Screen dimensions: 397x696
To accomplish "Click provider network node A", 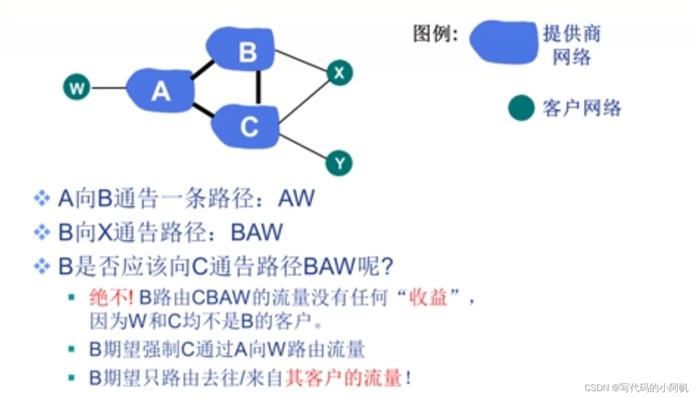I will point(161,91).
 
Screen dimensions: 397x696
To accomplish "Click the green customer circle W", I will point(77,88).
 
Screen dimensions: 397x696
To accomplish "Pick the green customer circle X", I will point(339,73).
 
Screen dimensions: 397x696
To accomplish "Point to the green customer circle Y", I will point(339,163).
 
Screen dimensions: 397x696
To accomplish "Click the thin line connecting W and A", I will point(109,88).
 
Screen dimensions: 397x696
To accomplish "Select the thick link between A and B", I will point(202,70).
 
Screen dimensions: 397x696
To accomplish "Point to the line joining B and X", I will point(301,60).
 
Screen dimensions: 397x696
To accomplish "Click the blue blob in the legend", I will point(504,42).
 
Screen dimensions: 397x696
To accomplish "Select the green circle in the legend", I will point(521,108).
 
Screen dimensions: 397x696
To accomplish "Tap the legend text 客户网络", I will point(582,108).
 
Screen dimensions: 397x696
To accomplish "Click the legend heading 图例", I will point(435,34).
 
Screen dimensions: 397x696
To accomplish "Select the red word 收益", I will point(428,297).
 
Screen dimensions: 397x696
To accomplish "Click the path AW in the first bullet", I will point(296,198).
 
